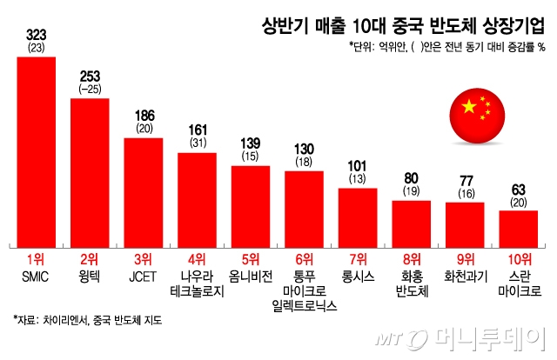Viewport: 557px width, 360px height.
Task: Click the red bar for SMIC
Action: tap(37, 150)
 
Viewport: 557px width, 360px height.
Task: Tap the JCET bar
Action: tap(143, 190)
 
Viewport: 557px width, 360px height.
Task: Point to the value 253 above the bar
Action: tap(90, 76)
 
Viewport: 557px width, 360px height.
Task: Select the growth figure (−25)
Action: tap(90, 89)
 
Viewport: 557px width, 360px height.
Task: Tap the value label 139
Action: tap(250, 142)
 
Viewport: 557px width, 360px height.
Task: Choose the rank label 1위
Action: tap(37, 258)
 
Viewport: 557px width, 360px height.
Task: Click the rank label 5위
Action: tap(250, 258)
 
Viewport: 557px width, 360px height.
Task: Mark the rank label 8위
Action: tap(412, 258)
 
